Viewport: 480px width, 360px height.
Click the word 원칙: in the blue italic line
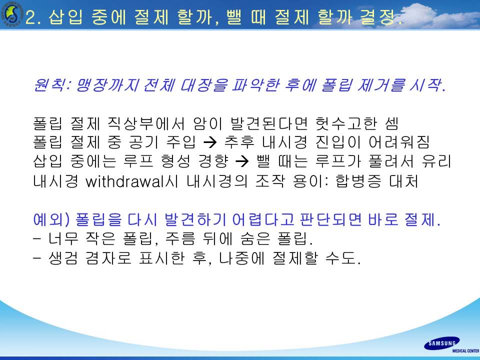52,85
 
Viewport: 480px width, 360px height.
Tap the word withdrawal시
132,181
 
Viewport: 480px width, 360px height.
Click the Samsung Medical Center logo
451,345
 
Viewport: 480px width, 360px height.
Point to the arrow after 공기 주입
210,141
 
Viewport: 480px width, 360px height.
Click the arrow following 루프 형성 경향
243,161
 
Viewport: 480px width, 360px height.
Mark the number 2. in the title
35,17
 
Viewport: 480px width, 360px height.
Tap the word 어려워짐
399,142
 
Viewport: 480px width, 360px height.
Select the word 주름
180,238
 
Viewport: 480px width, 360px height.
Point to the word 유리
436,161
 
